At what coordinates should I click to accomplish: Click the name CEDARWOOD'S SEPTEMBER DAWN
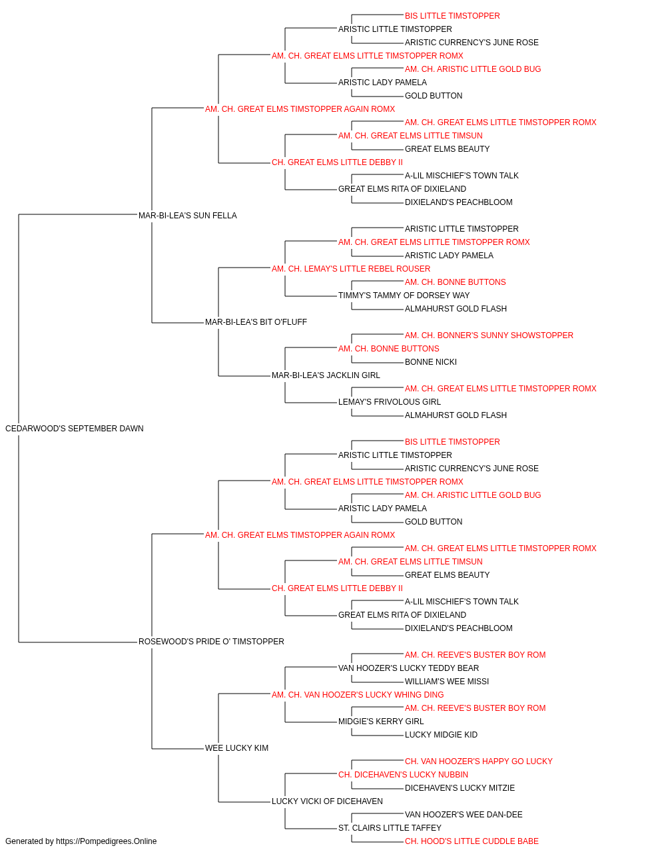point(75,428)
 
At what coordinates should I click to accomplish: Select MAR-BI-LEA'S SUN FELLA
point(188,215)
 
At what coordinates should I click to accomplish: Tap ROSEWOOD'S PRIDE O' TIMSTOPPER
point(211,642)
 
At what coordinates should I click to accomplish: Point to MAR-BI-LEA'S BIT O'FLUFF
point(256,322)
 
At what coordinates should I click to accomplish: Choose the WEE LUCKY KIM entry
point(236,747)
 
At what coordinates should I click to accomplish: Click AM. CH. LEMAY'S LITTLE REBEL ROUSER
point(351,268)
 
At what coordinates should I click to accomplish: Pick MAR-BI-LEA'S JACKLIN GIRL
point(326,375)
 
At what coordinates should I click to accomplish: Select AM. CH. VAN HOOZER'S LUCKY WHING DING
point(358,694)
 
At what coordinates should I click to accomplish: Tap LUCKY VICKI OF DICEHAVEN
point(327,801)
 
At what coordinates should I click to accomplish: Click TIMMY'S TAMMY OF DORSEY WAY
point(404,296)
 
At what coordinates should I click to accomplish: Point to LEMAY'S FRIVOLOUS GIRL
point(390,402)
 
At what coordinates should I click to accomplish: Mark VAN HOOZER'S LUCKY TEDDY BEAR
point(409,668)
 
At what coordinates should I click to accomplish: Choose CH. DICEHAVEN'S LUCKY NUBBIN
point(403,774)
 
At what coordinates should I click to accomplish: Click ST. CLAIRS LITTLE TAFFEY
point(390,827)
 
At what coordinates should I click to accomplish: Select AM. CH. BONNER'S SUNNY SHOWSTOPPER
point(489,335)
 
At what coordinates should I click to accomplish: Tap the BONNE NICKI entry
point(431,362)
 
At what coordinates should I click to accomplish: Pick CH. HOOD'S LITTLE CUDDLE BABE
point(472,841)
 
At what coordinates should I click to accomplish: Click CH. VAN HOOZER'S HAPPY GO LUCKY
point(478,761)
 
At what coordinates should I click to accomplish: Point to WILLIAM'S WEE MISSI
point(447,681)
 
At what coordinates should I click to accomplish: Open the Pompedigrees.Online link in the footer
point(107,841)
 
